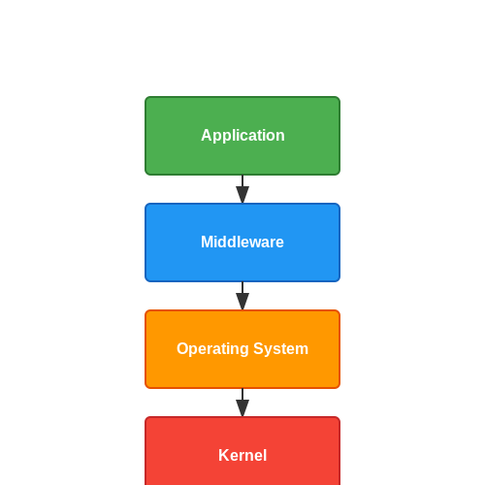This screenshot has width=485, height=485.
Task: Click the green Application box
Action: [x=242, y=136]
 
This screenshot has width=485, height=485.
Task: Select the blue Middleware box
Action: [x=242, y=242]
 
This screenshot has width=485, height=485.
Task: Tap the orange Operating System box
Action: [x=242, y=349]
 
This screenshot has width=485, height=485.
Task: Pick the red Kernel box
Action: [x=242, y=451]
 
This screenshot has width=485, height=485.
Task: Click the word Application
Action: [x=242, y=136]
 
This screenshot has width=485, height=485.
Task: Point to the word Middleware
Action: [x=242, y=242]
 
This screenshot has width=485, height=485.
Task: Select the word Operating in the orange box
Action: [x=212, y=349]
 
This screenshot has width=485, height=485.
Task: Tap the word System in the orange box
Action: [x=280, y=349]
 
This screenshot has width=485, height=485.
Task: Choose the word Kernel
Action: [x=242, y=455]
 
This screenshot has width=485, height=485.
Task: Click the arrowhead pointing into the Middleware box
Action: [x=242, y=195]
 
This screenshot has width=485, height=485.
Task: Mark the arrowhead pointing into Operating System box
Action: [x=242, y=302]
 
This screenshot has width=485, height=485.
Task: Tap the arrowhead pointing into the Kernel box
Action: [x=242, y=408]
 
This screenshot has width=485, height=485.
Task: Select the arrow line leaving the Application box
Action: [x=242, y=189]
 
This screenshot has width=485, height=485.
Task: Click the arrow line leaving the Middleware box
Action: [x=242, y=296]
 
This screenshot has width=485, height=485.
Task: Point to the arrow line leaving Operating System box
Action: [x=242, y=403]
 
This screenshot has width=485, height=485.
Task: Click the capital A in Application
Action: [x=207, y=135]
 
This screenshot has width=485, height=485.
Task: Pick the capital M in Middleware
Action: [x=208, y=242]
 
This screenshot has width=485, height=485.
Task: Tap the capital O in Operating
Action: [x=183, y=348]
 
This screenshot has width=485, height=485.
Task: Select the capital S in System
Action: [x=259, y=348]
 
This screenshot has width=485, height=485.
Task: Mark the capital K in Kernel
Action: [x=224, y=455]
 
